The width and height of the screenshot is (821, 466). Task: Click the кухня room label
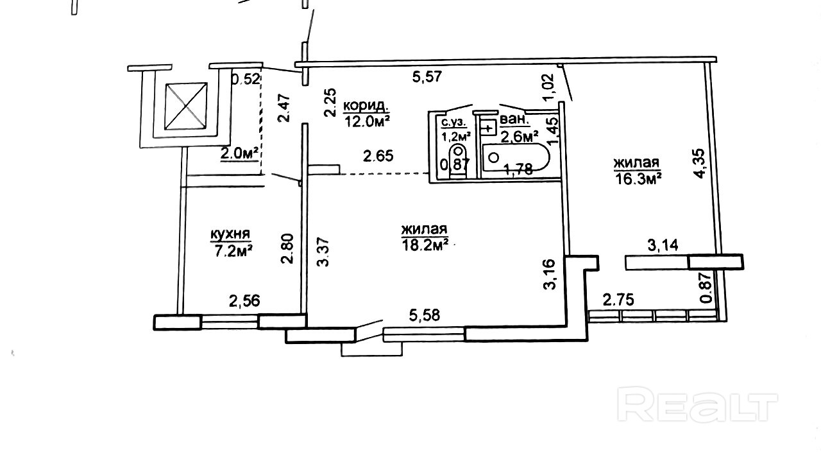(230, 234)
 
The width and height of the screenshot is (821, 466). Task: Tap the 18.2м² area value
(425, 245)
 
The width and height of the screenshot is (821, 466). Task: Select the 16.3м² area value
(638, 180)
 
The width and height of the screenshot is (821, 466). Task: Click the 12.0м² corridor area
(367, 121)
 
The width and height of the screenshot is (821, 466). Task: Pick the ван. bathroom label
(514, 119)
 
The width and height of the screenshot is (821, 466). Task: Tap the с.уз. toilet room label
(453, 122)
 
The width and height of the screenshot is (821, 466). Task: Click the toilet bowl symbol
(457, 160)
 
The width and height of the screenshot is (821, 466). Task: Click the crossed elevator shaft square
(186, 106)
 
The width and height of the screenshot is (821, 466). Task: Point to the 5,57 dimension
(427, 77)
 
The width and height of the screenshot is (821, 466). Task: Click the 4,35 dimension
(699, 163)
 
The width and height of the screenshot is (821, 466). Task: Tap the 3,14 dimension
(663, 245)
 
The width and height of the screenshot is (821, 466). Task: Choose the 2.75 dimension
(618, 300)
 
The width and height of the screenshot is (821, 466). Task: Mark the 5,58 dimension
(425, 315)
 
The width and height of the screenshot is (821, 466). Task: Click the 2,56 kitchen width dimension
(244, 301)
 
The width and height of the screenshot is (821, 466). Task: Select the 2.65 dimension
(378, 156)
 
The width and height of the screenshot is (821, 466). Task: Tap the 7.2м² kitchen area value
(233, 251)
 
